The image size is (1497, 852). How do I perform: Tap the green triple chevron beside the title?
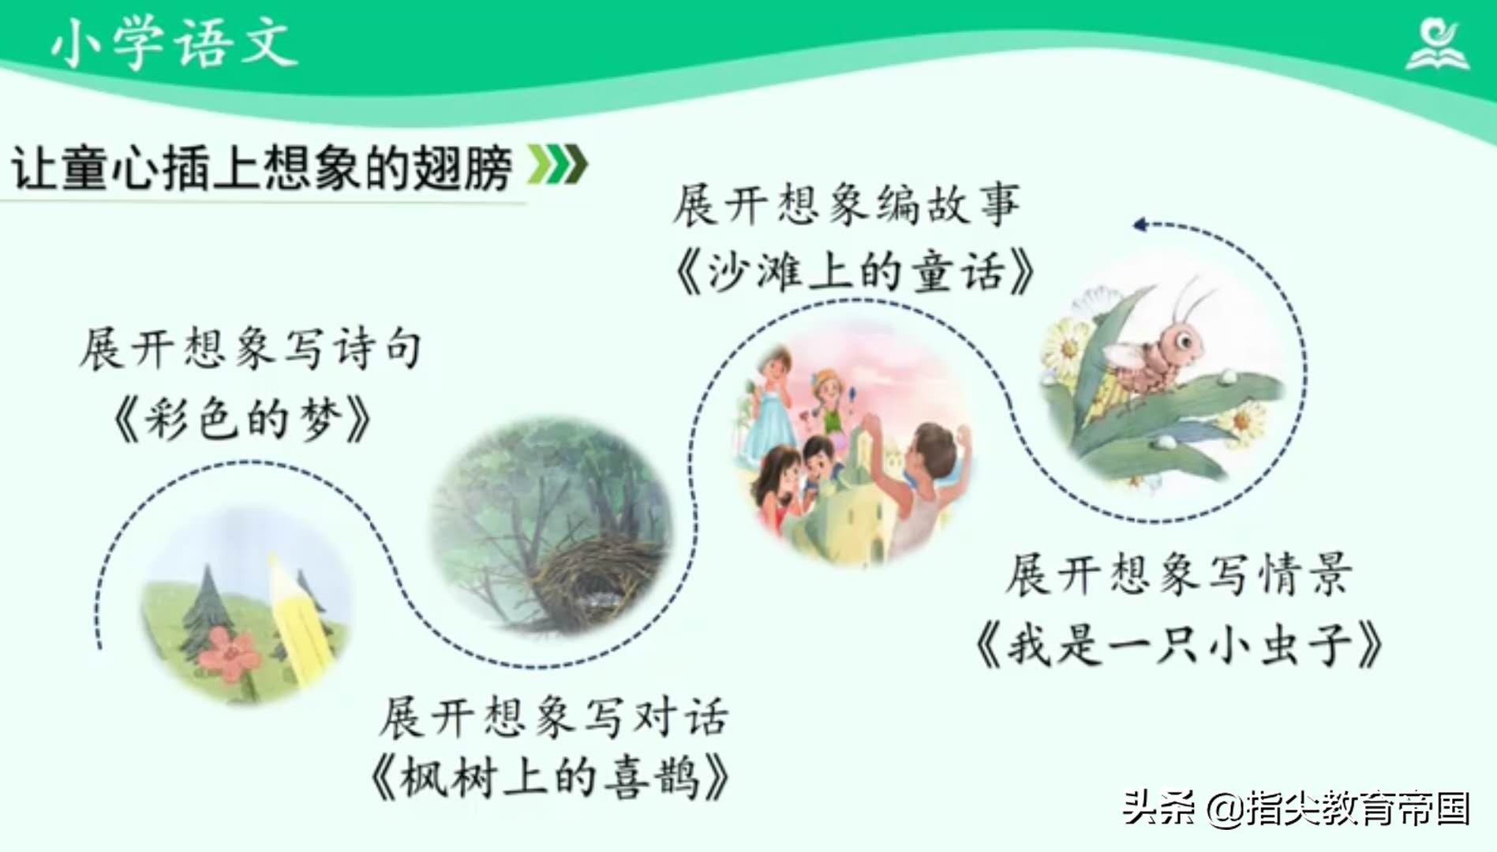558,164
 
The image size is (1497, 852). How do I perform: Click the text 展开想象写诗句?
250,348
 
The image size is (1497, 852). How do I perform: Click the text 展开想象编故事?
846,204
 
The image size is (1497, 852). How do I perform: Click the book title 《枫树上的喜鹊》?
549,778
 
